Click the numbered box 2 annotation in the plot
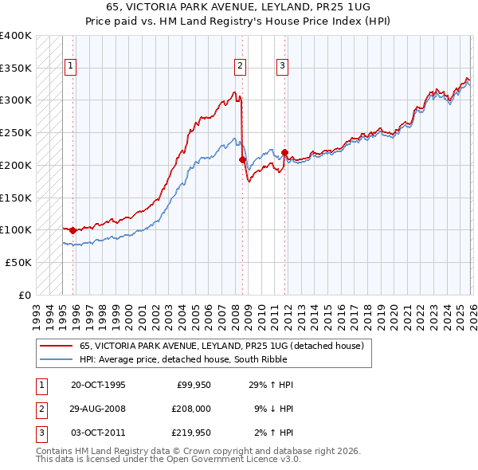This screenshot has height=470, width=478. [240, 66]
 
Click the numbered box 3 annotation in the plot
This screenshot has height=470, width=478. [283, 66]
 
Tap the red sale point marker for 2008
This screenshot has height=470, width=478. [243, 159]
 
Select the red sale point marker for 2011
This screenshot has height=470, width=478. [284, 151]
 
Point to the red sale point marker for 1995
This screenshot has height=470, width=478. [72, 230]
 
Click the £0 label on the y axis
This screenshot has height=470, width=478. [25, 295]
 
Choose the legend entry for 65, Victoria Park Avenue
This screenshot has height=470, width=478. [221, 346]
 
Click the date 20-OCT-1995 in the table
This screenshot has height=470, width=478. [98, 385]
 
